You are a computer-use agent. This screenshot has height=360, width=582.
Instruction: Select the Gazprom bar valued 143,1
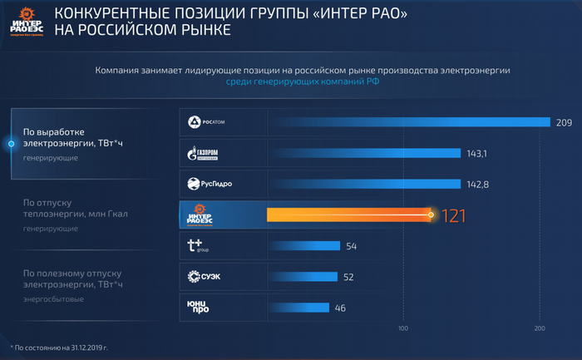point(363,154)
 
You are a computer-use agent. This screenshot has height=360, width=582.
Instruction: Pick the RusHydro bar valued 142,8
point(363,184)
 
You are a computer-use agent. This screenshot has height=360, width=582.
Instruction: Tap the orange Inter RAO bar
point(348,215)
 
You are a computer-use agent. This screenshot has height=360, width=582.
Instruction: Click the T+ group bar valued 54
point(303,245)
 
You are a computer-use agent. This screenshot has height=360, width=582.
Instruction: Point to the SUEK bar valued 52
point(302,276)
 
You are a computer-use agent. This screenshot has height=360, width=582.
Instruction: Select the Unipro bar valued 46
point(298,307)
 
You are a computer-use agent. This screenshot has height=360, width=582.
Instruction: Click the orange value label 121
point(453,215)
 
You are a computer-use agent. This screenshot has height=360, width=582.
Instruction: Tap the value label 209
point(564,123)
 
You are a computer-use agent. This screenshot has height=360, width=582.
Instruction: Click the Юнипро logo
point(199,307)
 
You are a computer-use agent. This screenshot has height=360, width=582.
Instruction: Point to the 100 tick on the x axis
point(403,329)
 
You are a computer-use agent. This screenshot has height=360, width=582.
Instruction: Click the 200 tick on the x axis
point(540,329)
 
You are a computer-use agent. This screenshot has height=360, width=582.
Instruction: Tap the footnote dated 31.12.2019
point(60,346)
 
